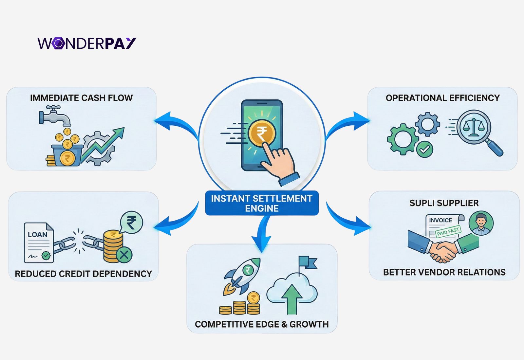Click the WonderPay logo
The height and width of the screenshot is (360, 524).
tap(87, 43)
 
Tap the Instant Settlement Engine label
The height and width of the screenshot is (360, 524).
tap(262, 203)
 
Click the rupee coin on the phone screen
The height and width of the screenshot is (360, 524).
tap(262, 133)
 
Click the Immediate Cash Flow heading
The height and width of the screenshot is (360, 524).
tap(81, 98)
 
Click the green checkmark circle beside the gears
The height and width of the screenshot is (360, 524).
tap(424, 150)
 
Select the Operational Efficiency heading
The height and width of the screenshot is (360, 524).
tap(443, 98)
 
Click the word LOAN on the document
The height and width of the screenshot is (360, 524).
tap(37, 235)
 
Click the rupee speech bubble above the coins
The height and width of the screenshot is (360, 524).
tap(131, 223)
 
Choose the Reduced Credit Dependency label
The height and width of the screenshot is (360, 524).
tap(84, 274)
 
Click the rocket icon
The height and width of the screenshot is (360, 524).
tap(242, 275)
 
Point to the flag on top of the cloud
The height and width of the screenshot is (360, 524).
tap(307, 263)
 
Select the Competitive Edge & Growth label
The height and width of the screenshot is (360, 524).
tap(262, 324)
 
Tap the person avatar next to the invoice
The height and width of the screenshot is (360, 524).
tap(481, 223)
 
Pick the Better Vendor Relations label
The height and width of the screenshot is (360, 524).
tap(444, 272)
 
